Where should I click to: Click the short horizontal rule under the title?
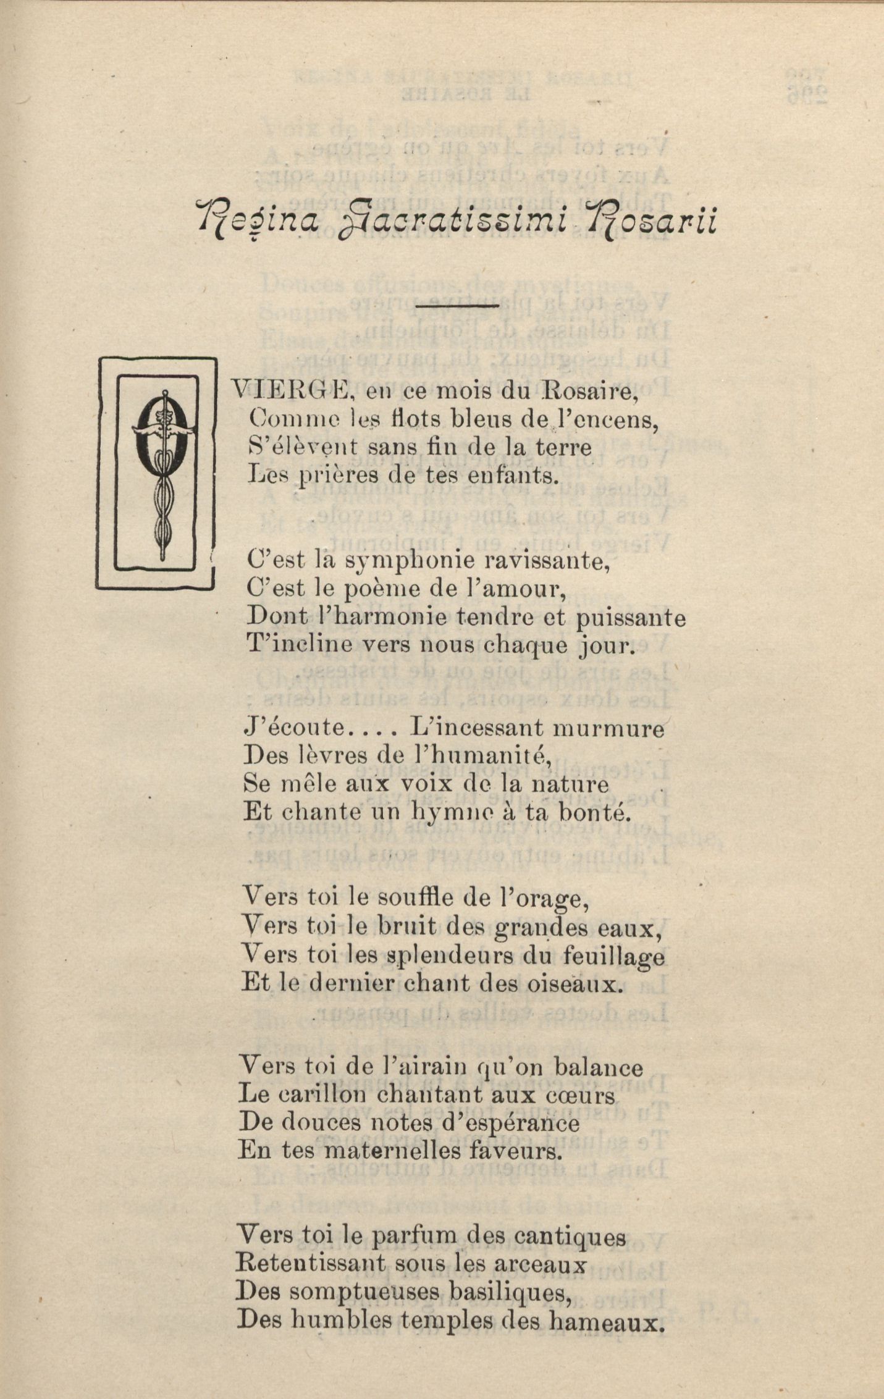point(458,305)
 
